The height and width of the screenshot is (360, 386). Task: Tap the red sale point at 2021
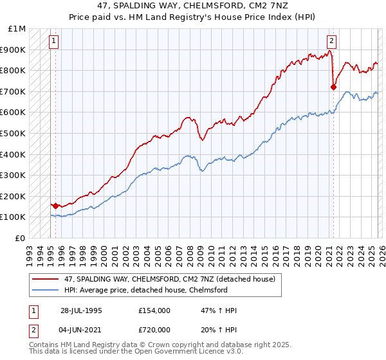pyautogui.click(x=333, y=87)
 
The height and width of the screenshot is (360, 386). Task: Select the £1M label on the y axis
pyautogui.click(x=17, y=28)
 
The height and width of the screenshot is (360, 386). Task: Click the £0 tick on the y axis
pyautogui.click(x=21, y=238)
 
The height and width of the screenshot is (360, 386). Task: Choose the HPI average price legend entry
pyautogui.click(x=146, y=289)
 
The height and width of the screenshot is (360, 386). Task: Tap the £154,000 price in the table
pyautogui.click(x=154, y=310)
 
